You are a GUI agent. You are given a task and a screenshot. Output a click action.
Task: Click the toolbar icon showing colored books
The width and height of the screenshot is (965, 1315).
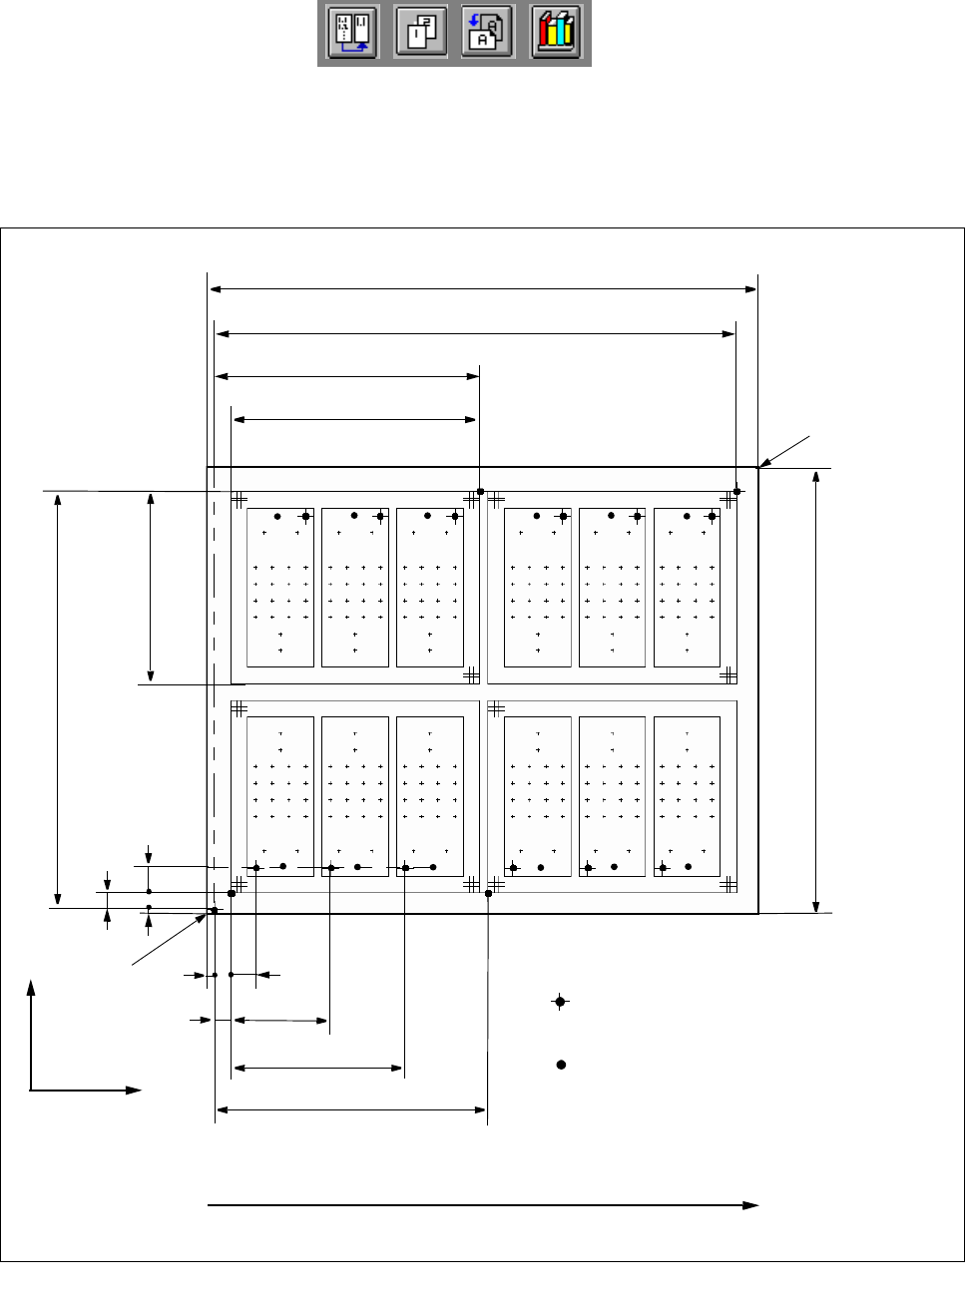click(557, 34)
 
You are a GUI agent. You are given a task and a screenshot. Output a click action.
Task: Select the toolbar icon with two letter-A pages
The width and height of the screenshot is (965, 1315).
click(488, 34)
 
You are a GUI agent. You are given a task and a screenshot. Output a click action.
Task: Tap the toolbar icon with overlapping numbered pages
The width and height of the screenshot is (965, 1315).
click(420, 34)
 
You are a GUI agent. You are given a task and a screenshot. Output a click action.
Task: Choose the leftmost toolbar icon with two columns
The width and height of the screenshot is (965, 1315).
click(352, 34)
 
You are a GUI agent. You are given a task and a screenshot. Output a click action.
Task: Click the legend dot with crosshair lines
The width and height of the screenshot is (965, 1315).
click(561, 1002)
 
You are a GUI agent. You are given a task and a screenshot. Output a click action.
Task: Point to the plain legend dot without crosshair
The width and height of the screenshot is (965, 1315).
click(561, 1065)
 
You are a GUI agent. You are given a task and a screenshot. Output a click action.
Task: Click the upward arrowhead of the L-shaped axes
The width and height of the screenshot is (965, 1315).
click(31, 987)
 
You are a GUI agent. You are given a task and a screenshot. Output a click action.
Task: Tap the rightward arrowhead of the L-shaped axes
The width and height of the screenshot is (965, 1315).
click(135, 1091)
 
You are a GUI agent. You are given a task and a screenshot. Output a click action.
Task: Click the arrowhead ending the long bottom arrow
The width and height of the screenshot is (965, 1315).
click(751, 1205)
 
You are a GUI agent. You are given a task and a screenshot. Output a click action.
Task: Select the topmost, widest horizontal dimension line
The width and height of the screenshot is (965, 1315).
click(483, 289)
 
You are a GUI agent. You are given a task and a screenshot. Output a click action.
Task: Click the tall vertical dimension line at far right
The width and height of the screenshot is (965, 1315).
click(816, 689)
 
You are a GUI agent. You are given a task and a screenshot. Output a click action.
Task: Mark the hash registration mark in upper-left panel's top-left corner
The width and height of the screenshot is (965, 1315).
click(240, 499)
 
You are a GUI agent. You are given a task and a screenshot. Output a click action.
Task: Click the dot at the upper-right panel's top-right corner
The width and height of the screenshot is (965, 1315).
click(737, 491)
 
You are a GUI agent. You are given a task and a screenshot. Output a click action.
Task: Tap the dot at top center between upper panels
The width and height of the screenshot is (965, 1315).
click(480, 491)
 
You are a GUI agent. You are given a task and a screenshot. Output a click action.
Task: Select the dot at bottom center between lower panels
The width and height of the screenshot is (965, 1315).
click(488, 893)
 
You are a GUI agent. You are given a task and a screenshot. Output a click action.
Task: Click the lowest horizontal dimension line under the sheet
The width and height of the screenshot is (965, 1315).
click(351, 1108)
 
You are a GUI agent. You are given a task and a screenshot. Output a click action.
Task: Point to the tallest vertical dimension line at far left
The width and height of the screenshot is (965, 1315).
click(58, 699)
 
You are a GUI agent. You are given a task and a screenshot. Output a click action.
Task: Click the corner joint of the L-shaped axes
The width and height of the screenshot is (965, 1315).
click(31, 1091)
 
